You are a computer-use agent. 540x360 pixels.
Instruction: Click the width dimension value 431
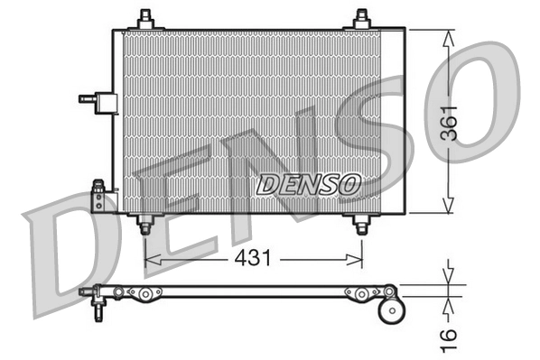(255, 259)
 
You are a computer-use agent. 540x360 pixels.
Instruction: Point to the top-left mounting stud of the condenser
(144, 19)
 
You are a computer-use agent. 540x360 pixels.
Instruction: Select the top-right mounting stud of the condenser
(361, 19)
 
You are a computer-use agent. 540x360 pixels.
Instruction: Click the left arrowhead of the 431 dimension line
(151, 259)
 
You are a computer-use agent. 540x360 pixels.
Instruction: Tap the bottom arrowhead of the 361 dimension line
(450, 208)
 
